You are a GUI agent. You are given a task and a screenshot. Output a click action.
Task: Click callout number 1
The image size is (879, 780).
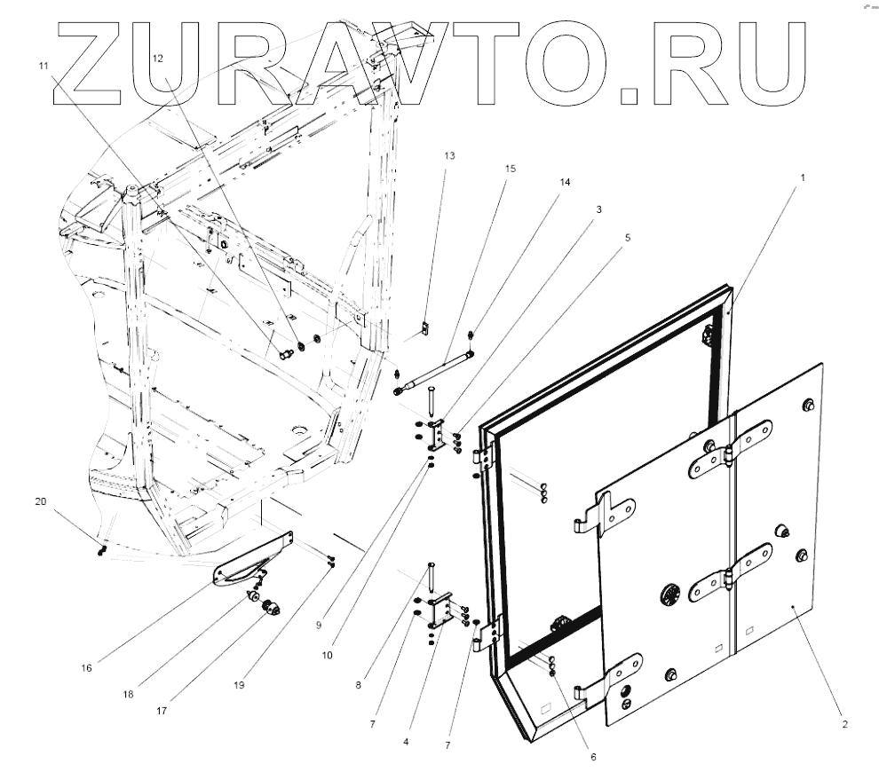(803, 177)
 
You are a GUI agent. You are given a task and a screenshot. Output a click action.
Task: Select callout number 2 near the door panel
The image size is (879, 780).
(844, 724)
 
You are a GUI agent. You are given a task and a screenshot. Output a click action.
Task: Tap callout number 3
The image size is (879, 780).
(599, 210)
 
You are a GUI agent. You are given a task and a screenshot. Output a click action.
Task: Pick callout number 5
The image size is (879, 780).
(628, 238)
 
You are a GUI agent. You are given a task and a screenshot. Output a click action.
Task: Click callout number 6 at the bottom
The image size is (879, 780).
(593, 757)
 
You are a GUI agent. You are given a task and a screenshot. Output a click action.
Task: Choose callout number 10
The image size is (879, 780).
(328, 655)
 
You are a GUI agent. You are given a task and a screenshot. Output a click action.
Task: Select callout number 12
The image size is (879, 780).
(158, 58)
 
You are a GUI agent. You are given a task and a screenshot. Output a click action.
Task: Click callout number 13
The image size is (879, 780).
(449, 155)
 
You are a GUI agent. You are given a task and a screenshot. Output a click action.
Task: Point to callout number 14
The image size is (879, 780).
(565, 182)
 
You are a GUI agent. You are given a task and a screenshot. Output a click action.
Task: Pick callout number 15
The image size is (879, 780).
(510, 168)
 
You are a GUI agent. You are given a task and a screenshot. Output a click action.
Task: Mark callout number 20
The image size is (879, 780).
(40, 501)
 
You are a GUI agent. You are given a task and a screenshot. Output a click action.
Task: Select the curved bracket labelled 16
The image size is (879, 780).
(253, 561)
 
